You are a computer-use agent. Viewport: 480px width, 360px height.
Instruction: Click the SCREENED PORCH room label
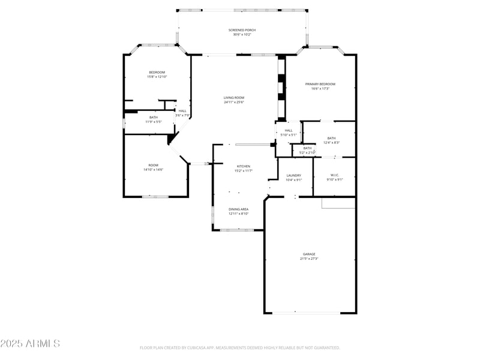point(242,30)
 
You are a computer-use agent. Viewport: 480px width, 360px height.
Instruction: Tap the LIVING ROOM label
point(234,97)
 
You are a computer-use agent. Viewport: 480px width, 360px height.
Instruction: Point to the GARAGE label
point(309,254)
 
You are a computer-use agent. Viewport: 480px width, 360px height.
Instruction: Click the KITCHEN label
point(243,166)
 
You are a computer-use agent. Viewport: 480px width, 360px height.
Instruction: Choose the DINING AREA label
point(238,209)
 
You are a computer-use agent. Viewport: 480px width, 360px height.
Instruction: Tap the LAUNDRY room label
point(293,175)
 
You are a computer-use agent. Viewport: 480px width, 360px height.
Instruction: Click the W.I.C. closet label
point(334,175)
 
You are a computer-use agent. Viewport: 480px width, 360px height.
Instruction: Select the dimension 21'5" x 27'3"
point(309,259)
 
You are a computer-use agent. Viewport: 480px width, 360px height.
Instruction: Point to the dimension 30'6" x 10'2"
point(242,35)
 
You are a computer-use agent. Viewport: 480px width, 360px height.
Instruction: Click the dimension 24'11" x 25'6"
point(234,102)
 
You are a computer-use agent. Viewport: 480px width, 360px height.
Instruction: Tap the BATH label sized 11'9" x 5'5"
point(154,117)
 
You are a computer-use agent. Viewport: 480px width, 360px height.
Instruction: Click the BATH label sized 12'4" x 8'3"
point(331,138)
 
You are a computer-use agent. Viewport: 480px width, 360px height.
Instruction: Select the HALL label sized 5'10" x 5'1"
point(289,130)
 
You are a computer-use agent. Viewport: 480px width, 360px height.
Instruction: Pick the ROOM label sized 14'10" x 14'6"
point(154,165)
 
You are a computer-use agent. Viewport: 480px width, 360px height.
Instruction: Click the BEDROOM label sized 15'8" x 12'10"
point(157,72)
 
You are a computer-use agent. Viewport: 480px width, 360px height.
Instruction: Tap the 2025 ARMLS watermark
point(30,344)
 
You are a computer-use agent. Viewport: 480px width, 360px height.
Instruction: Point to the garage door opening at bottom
point(307,313)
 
